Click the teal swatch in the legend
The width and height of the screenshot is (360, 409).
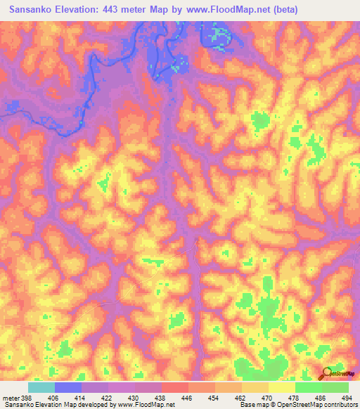(41, 387)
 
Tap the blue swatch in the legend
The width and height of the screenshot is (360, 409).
(68, 387)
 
